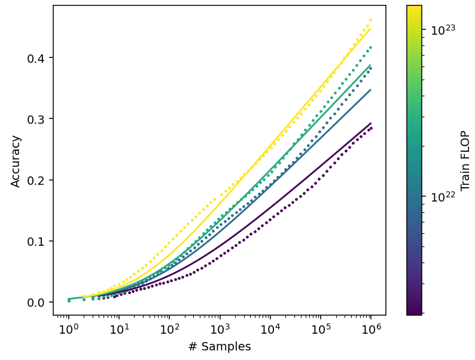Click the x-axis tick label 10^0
tap(68, 328)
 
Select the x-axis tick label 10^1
tap(118, 328)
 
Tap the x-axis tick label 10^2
tap(169, 328)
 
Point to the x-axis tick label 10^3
tap(220, 328)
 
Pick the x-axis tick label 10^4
tap(270, 328)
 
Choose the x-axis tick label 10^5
tap(320, 328)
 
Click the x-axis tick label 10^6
tap(370, 328)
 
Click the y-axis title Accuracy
tap(16, 161)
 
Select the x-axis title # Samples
tap(220, 347)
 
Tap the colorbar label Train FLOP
tap(466, 160)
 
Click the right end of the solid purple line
tap(371, 123)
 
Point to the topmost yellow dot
tap(371, 20)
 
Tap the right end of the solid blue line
tap(371, 90)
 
